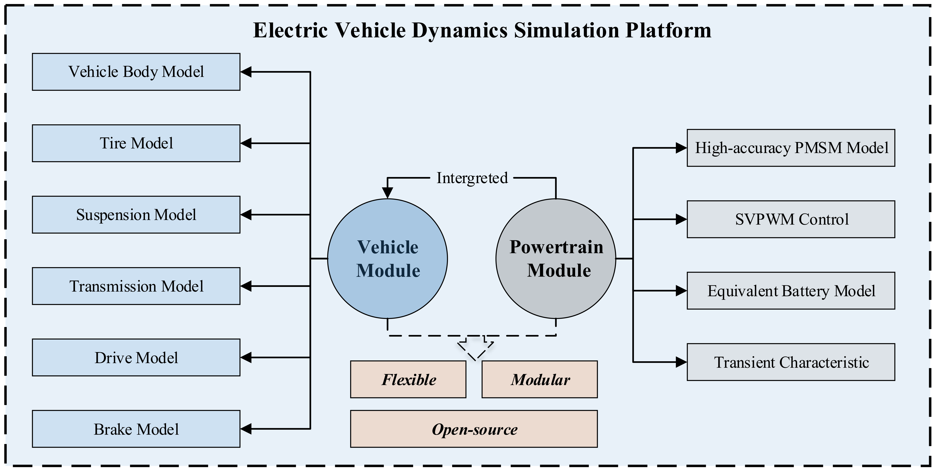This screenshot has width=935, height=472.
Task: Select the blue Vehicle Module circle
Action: click(387, 259)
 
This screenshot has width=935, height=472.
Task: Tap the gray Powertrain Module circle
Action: click(556, 259)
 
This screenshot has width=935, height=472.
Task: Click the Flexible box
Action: click(408, 379)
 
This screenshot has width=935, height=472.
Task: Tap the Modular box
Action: click(539, 379)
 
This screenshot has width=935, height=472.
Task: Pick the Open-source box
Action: click(474, 429)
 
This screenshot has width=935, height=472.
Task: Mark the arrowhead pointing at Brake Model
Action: click(246, 429)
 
